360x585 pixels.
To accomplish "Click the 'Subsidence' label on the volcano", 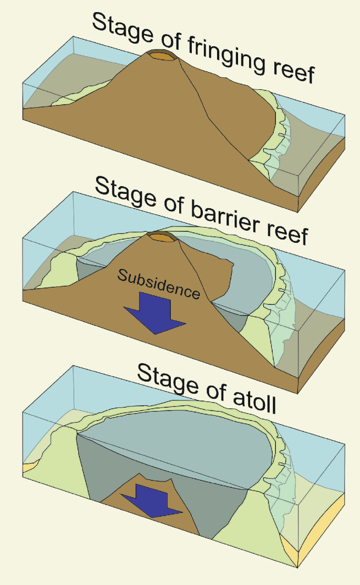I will [x=158, y=284].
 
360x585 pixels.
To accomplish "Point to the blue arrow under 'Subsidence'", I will [x=156, y=313].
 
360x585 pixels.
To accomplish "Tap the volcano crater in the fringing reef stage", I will [x=161, y=56].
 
